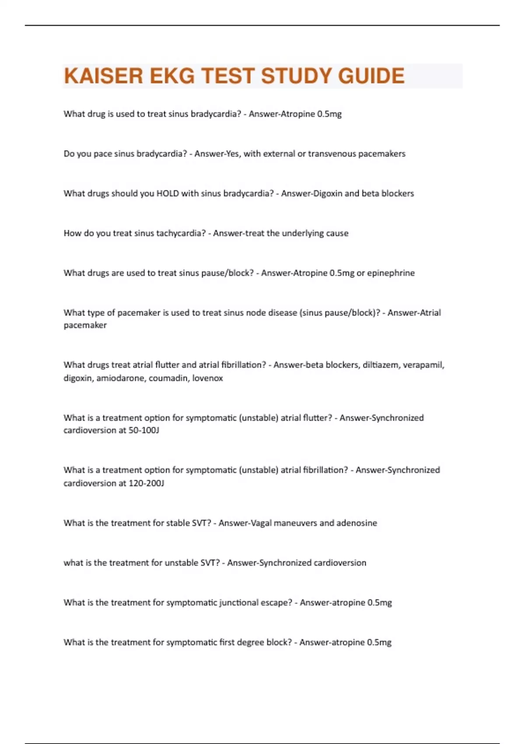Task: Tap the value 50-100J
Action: click(x=143, y=430)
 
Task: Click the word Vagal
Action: click(x=260, y=523)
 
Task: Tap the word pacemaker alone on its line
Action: click(x=85, y=325)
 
